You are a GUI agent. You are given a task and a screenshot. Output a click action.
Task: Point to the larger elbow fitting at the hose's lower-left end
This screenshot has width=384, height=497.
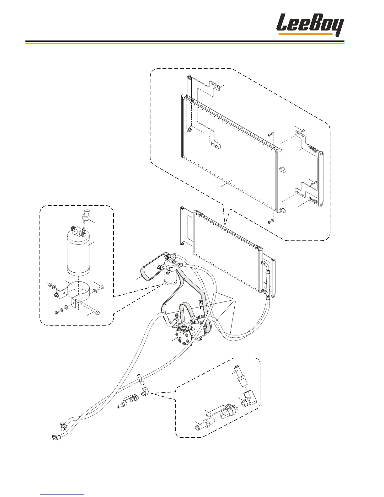(x=63, y=425)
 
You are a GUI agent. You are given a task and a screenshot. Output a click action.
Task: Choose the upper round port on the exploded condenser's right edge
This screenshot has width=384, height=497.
(x=282, y=171)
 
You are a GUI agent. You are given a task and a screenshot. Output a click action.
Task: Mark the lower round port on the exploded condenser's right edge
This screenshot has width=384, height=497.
(x=282, y=211)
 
